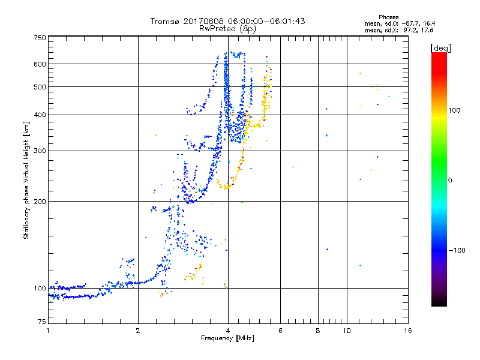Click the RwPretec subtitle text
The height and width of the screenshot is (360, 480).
point(218,28)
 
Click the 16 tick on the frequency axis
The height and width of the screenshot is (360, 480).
point(408,331)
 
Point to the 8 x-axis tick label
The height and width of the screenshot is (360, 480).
point(318,331)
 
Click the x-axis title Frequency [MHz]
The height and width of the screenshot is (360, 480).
point(227,338)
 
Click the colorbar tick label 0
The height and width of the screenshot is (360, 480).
point(450,180)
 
